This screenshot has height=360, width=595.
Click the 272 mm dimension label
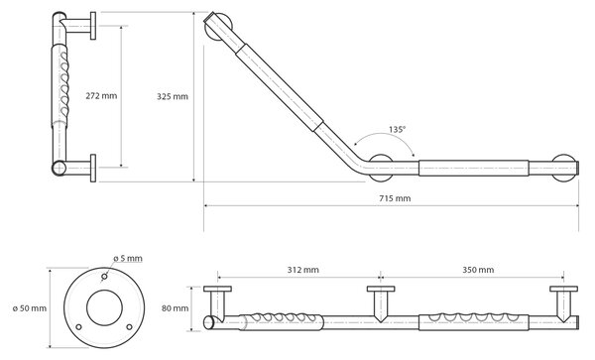coord(101,96)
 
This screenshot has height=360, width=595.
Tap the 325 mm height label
coord(173,97)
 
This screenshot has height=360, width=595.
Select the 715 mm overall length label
coord(395,198)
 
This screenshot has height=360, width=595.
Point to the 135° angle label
coord(397,129)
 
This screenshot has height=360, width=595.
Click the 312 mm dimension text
coord(302,270)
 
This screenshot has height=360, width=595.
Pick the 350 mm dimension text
coord(478,270)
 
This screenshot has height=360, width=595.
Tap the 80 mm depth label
coord(175,308)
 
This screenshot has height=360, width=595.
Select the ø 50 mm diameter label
coord(30,308)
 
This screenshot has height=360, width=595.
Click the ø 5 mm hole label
coord(128,258)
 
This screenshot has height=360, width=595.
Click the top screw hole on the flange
coord(104,278)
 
